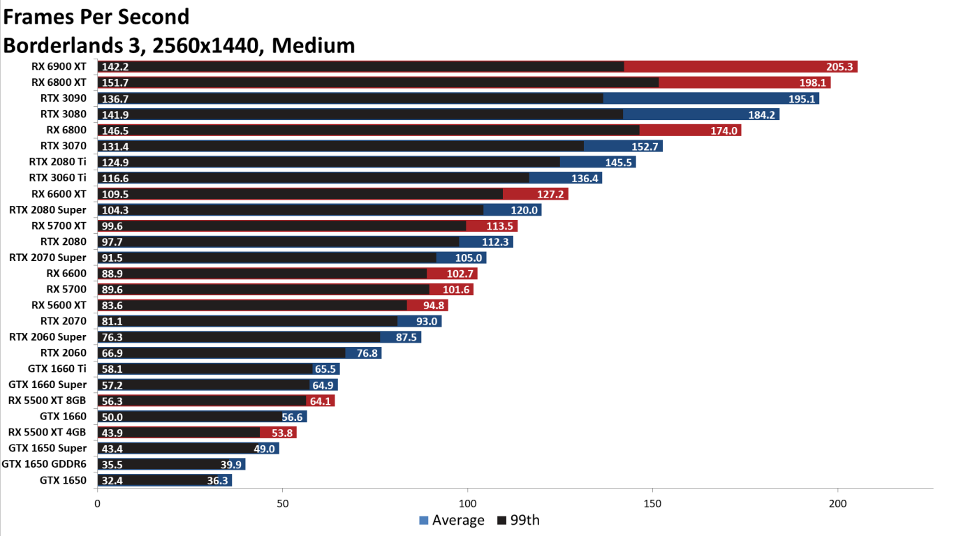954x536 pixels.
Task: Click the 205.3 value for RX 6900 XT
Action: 841,67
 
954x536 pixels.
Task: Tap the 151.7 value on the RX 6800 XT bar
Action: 115,83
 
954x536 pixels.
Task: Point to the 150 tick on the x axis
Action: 652,503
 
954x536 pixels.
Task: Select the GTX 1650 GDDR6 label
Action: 44,464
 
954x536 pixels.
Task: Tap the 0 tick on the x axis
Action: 97,503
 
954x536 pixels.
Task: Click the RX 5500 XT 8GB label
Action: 47,401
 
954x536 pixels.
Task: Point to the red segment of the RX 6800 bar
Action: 690,131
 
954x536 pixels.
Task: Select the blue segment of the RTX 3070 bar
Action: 623,147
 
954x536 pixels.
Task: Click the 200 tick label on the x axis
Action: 837,503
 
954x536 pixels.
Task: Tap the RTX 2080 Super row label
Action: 47,210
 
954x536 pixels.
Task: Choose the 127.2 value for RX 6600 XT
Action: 552,194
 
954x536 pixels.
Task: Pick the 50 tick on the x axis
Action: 282,503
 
